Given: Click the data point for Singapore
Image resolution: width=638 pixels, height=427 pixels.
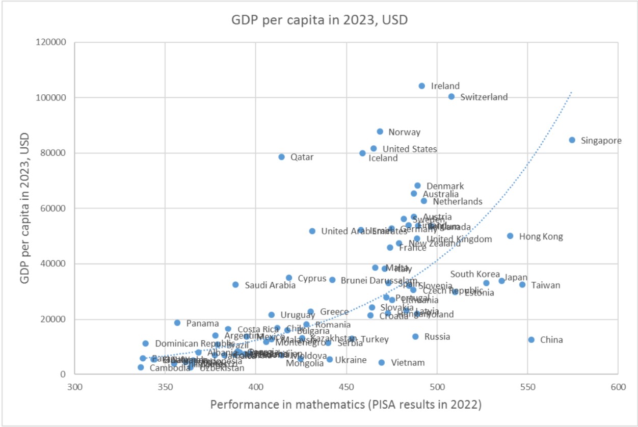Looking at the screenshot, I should click(x=572, y=140).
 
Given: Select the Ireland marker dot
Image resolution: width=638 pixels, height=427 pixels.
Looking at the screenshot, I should click(x=421, y=86).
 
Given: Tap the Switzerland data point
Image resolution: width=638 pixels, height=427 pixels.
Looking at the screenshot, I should click(x=451, y=96).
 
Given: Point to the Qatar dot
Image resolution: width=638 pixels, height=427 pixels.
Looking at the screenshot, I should click(x=281, y=157).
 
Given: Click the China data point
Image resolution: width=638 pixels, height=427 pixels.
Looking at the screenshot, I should click(x=531, y=339).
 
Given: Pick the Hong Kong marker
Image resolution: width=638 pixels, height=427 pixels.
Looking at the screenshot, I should click(x=510, y=236).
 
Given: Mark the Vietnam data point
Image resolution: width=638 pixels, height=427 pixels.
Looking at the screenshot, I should click(x=381, y=362).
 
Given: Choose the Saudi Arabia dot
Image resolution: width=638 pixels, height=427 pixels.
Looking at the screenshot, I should click(x=235, y=284).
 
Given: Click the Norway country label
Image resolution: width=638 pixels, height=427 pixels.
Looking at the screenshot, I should click(x=404, y=132).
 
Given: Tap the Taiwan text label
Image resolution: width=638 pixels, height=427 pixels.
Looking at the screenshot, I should click(x=546, y=285).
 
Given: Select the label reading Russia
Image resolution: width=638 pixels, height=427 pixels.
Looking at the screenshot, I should click(x=437, y=336).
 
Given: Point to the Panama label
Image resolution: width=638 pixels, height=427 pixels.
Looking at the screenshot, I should click(x=202, y=324).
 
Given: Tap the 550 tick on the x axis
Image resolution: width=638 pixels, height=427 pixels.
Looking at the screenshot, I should click(x=527, y=387).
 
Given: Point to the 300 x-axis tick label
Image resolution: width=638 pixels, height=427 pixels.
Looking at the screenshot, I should click(x=74, y=387).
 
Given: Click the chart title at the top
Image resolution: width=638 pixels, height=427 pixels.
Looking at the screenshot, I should click(x=320, y=20).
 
